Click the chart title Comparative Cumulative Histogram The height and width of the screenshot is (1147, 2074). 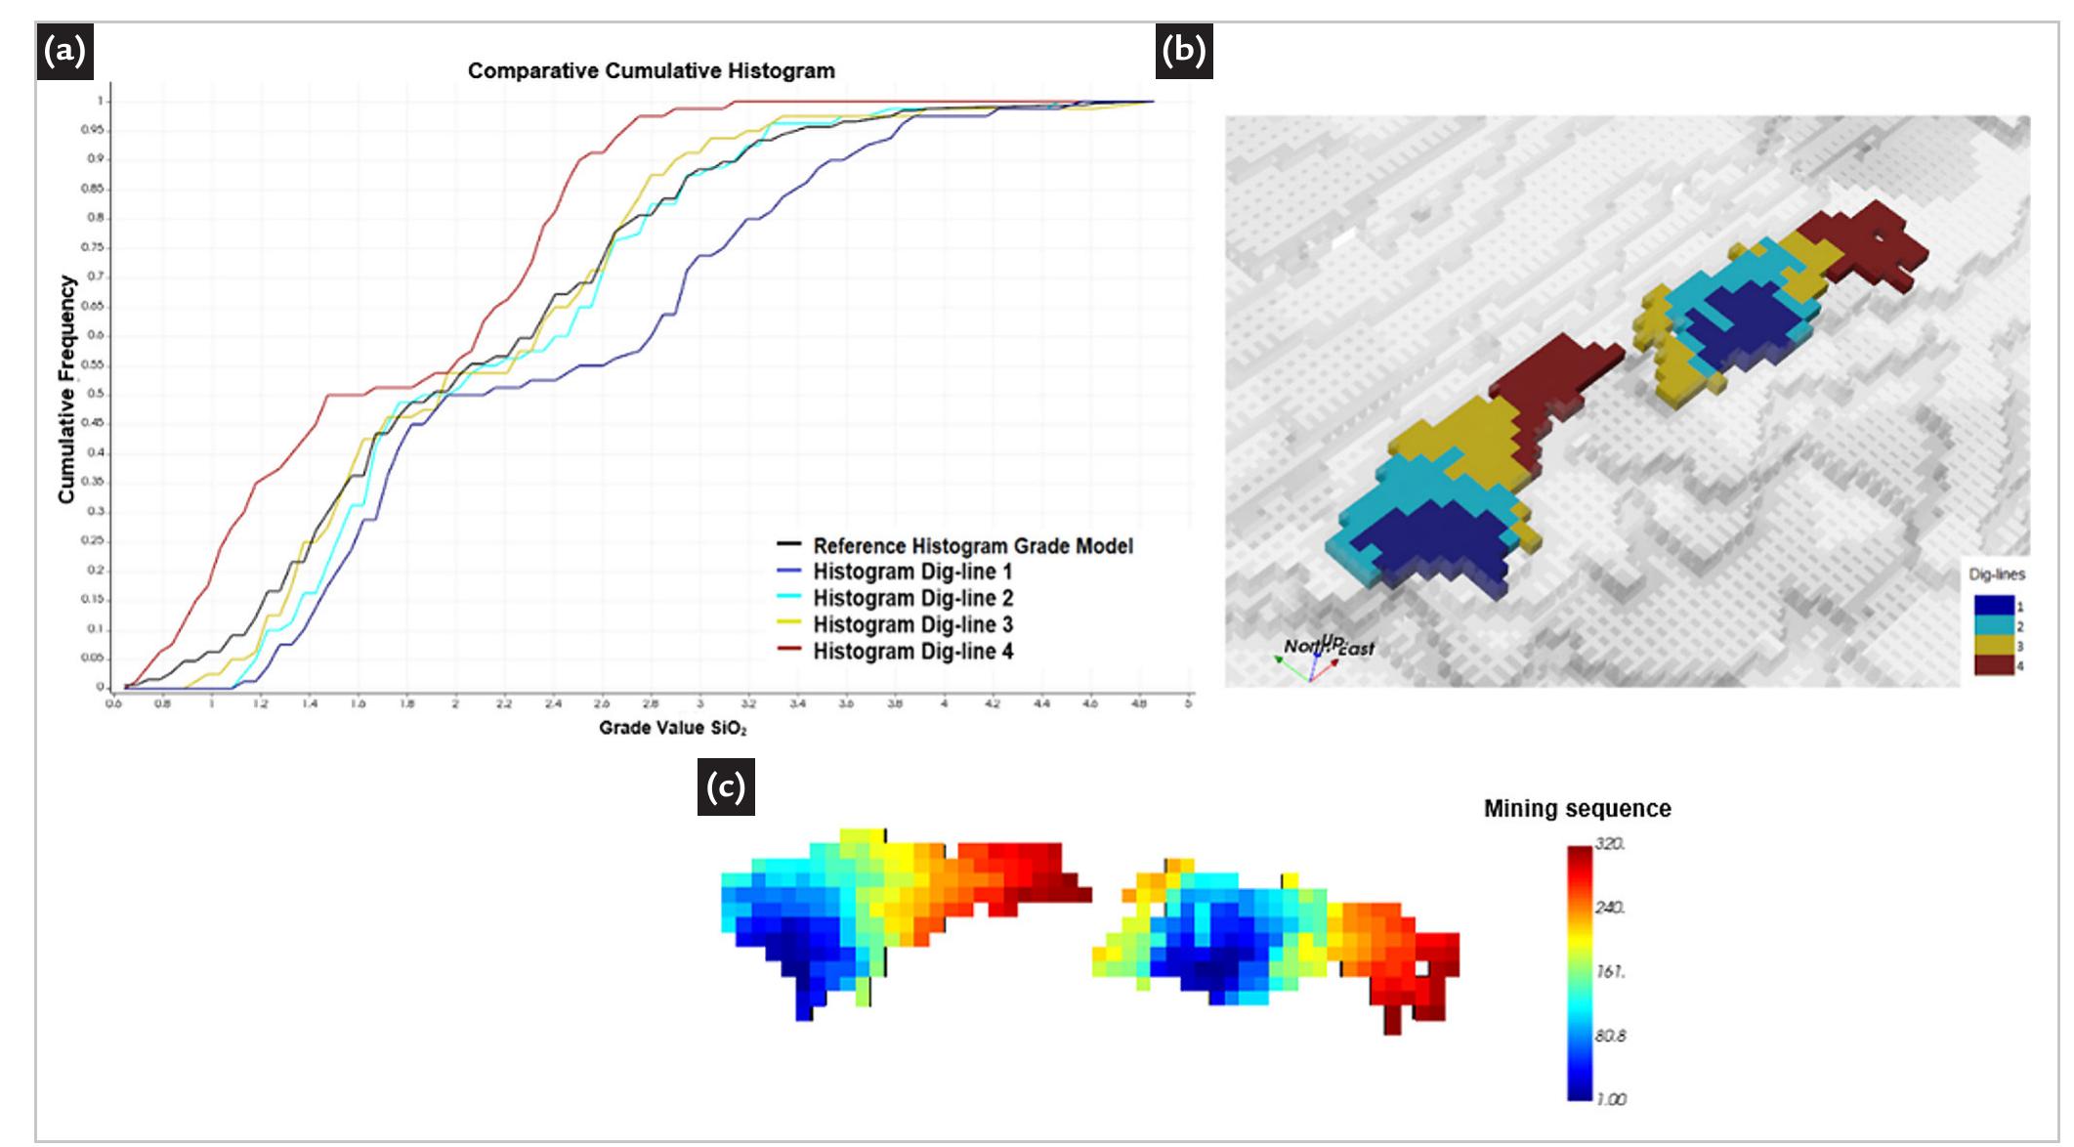(651, 71)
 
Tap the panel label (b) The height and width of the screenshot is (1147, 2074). (1184, 51)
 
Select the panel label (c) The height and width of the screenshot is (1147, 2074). (726, 787)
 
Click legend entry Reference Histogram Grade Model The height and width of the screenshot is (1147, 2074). (972, 546)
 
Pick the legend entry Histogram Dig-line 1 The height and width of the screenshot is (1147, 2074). (911, 573)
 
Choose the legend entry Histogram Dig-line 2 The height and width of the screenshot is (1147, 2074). (911, 598)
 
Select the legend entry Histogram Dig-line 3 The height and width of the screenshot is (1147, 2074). (911, 624)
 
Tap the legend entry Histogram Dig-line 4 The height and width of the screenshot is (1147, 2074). (911, 651)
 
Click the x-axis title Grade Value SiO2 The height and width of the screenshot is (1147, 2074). (672, 728)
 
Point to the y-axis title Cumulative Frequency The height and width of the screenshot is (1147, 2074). (66, 389)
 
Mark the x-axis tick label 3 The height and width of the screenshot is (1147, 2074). (699, 702)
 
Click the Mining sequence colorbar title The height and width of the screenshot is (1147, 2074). (1577, 809)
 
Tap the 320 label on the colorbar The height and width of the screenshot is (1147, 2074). (1610, 844)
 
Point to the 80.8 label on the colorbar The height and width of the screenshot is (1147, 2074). (1610, 1036)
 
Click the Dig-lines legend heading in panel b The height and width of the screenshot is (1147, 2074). (1997, 574)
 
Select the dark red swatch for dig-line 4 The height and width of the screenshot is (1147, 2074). (1993, 665)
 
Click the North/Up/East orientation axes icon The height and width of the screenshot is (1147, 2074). (1314, 658)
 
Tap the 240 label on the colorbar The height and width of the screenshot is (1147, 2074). (1610, 908)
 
